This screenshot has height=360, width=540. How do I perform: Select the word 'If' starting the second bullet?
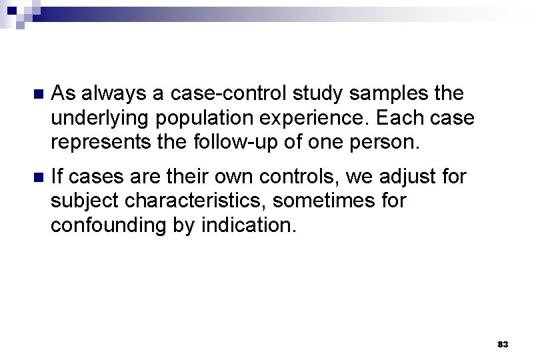[x=57, y=177]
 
